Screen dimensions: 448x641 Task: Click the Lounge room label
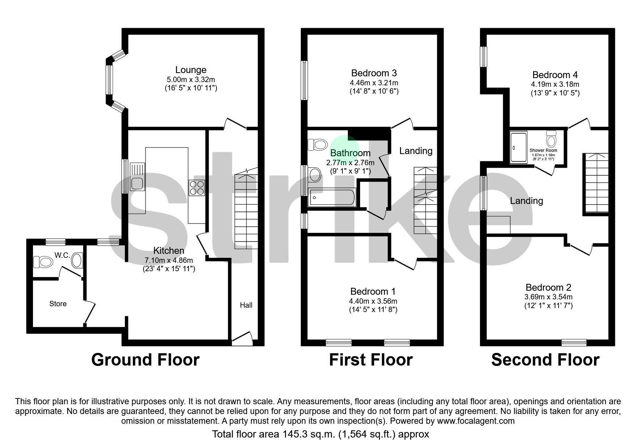coord(191,70)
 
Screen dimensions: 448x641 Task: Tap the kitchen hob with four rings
coord(197,188)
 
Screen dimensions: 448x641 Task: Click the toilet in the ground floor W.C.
coord(43,261)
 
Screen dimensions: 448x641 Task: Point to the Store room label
coord(58,304)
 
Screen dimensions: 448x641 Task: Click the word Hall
coord(246,305)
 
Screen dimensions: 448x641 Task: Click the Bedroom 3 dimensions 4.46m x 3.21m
coord(372,83)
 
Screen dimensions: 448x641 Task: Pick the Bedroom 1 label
coord(373,291)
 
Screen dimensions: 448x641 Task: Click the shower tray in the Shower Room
coord(518,148)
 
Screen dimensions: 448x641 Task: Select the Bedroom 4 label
coord(555,75)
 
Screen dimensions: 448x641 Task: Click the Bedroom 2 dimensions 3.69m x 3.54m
coord(548,297)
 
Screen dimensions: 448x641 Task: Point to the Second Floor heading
coord(545,360)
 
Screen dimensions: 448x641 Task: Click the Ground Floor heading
coord(145,360)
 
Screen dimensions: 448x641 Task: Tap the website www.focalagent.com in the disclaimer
coord(476,421)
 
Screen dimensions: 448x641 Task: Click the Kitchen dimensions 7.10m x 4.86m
coord(169,260)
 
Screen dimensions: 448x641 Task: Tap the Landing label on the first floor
coord(416,151)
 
